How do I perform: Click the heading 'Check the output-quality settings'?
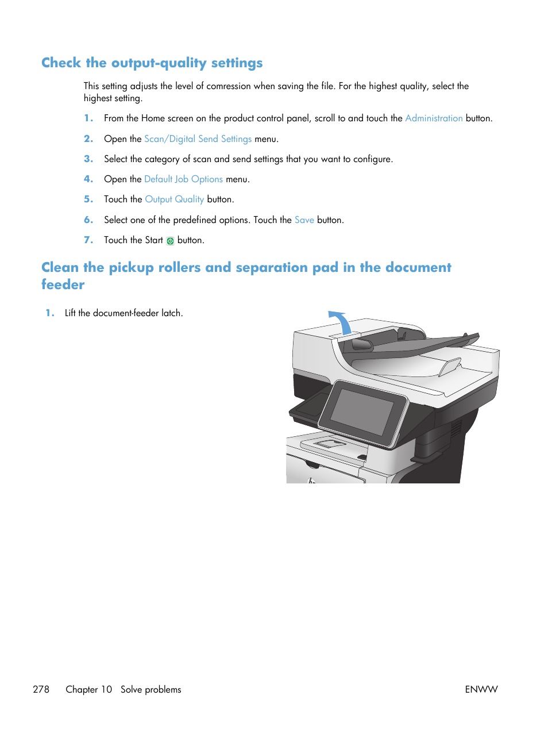point(152,63)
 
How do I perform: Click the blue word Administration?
point(434,118)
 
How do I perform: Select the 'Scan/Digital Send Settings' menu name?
point(198,139)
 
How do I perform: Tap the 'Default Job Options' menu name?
point(183,179)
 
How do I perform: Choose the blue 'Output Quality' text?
point(174,199)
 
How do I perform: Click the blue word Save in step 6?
point(304,220)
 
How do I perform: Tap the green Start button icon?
point(170,241)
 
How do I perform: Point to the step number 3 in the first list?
point(88,159)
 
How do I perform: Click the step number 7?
point(88,240)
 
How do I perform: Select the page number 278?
point(41,689)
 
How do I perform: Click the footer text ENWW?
point(481,689)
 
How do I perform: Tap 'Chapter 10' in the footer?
point(88,689)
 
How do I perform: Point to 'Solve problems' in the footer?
point(150,689)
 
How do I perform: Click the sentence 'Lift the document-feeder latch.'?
point(124,313)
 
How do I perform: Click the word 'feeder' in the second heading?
point(63,285)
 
